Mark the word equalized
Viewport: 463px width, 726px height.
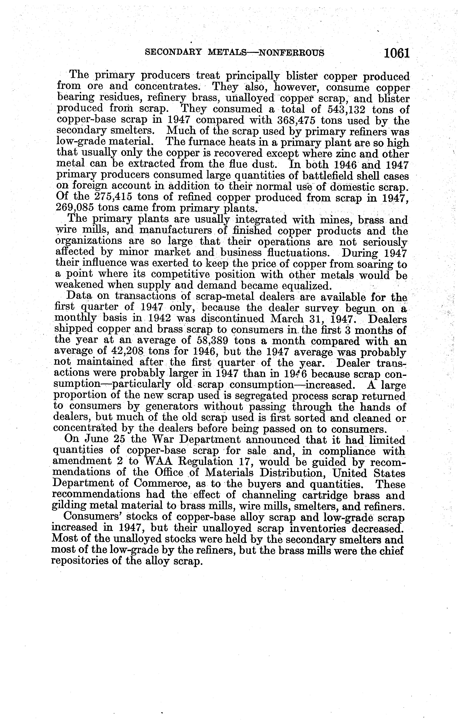(305, 285)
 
